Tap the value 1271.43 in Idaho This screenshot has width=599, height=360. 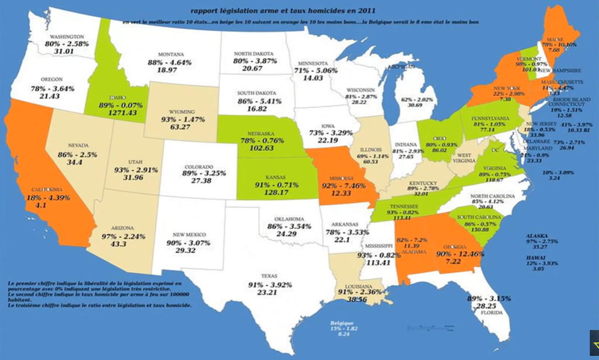tap(119, 113)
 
